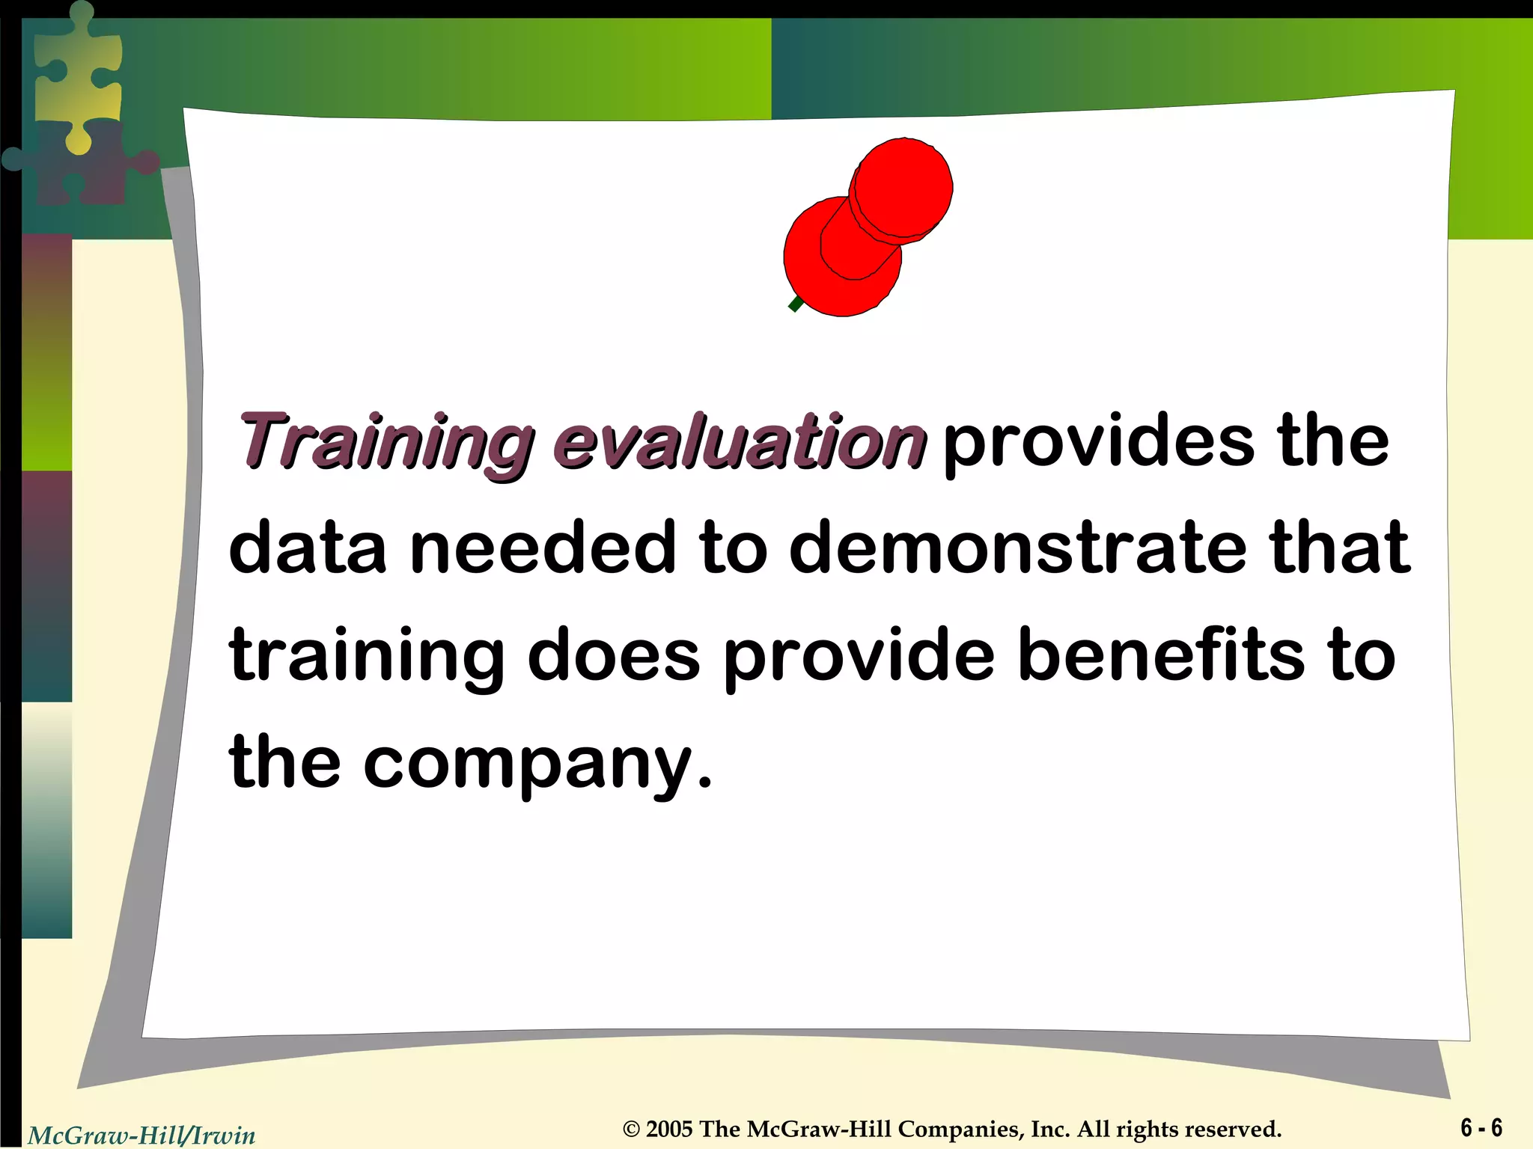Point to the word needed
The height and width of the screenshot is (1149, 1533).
click(543, 548)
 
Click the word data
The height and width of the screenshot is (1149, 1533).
click(308, 548)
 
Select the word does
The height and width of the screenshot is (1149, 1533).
click(614, 655)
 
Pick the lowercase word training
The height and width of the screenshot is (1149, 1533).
click(368, 655)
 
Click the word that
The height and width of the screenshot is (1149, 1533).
click(1339, 548)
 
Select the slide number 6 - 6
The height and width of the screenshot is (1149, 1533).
click(1481, 1127)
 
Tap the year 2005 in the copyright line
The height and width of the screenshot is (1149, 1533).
click(670, 1129)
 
